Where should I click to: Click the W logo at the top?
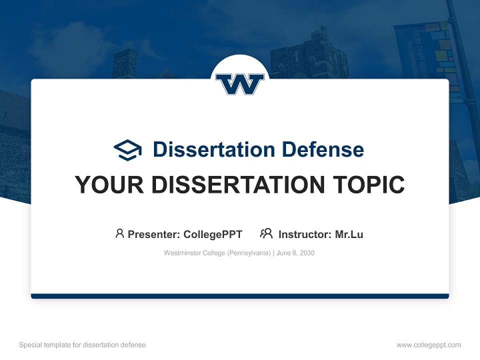239,84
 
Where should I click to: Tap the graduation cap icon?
127,149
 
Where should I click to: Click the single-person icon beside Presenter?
119,233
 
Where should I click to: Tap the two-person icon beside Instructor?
266,233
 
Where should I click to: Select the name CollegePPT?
212,234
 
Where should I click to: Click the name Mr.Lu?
349,234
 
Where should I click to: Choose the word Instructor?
304,234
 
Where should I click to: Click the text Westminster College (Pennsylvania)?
217,253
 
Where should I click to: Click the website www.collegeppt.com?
428,345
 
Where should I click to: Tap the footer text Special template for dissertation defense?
82,345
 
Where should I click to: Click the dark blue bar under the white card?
239,296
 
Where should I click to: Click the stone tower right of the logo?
310,55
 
